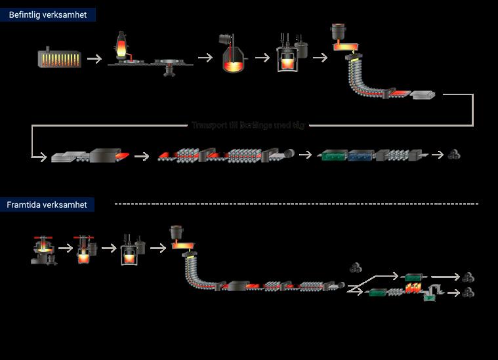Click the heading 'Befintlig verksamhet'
(47, 14)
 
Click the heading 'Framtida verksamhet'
(47, 205)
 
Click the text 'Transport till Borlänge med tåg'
(248, 125)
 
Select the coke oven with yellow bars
(60, 58)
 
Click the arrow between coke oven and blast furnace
(94, 59)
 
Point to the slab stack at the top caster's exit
(423, 95)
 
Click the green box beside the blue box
(333, 156)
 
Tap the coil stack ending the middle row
(453, 155)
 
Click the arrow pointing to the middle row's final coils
(437, 155)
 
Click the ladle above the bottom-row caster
(177, 233)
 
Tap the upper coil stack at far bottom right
(468, 277)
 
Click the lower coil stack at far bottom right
(468, 292)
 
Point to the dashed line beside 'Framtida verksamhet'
(295, 204)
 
